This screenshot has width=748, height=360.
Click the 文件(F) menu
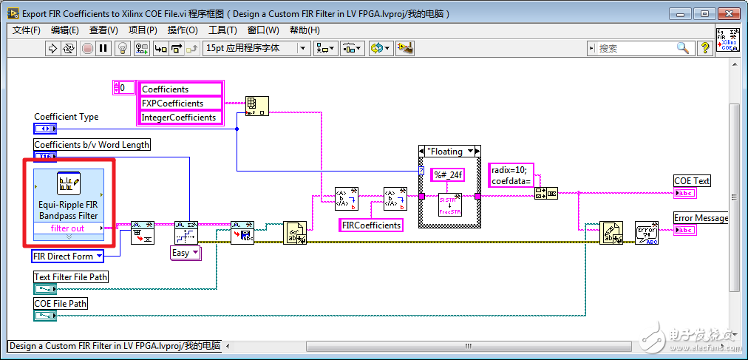27,30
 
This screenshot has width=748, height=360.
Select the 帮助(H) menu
305,30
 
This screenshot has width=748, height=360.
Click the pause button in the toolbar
103,48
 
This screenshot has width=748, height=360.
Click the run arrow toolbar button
52,48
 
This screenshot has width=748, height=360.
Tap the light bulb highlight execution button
123,48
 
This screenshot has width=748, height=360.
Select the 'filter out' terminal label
67,228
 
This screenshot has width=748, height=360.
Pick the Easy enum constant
185,253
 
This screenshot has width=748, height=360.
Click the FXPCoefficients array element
180,103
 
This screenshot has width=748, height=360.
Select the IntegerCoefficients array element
180,118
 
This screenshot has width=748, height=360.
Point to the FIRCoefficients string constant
371,225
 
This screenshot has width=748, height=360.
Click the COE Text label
692,181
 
